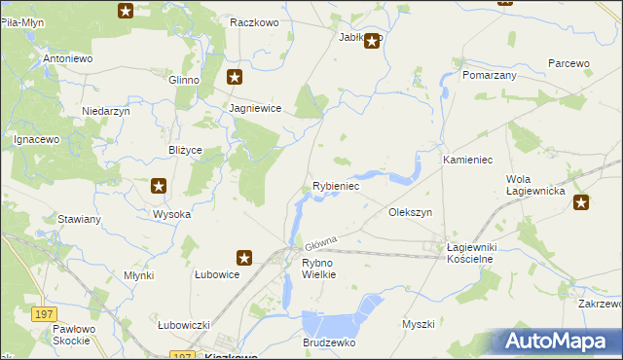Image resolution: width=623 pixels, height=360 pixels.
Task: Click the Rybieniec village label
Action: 337,185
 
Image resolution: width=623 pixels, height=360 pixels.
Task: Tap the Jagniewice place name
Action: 255,109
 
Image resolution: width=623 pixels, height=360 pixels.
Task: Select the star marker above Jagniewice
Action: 235,75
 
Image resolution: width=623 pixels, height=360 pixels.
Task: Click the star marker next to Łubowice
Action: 244,258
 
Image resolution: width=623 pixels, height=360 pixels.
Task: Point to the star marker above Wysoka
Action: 159,186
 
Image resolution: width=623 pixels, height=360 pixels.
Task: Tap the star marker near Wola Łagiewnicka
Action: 581,202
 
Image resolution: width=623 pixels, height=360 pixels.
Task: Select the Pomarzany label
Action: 490,74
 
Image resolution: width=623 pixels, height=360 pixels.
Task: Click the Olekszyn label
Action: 410,211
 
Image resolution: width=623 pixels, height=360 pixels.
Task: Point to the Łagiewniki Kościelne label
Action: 471,254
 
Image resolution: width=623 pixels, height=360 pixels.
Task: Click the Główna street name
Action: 320,241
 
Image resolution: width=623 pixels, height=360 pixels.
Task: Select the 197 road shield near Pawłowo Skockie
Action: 42,313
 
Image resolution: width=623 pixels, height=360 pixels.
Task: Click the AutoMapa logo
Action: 558,342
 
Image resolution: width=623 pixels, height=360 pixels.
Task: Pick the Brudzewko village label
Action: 329,343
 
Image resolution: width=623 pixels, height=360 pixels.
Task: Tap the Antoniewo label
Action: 67,58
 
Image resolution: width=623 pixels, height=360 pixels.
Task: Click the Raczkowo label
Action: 255,21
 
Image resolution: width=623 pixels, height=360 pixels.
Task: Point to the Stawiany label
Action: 80,219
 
